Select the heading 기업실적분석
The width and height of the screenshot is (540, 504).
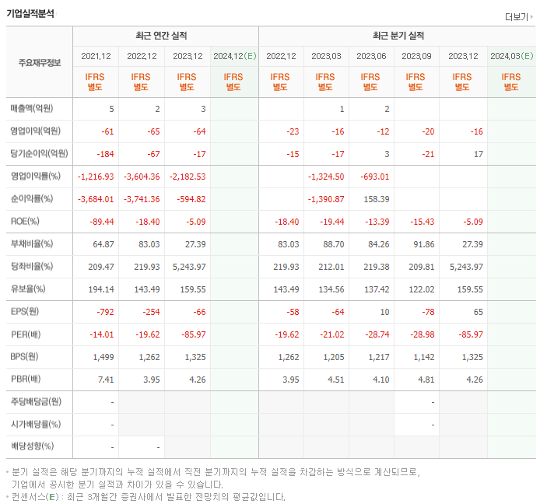click(30, 13)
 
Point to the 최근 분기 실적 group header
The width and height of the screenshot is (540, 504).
click(398, 36)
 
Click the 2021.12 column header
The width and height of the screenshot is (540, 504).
click(96, 56)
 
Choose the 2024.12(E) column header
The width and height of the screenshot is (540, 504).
click(233, 56)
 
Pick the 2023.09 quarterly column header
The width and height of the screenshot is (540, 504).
click(416, 56)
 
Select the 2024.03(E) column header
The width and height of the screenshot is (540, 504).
click(511, 56)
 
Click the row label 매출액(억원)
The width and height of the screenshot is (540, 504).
click(31, 109)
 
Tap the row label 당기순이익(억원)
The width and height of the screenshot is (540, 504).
click(38, 153)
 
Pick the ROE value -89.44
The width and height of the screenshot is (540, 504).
click(101, 222)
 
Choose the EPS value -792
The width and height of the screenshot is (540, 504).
click(106, 311)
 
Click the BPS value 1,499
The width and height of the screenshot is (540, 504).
click(103, 356)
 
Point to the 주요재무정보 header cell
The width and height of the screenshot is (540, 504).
click(39, 63)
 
